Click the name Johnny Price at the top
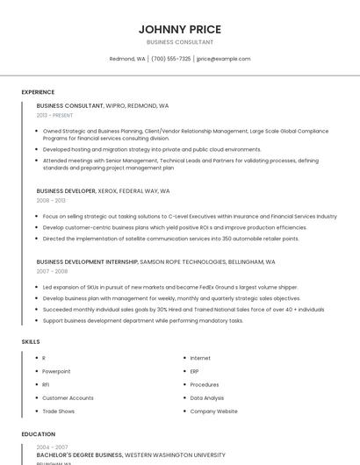tap(179, 29)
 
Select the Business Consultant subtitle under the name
tap(179, 42)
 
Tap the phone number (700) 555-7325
tap(170, 59)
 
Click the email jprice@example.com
tap(224, 59)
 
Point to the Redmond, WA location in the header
tap(127, 59)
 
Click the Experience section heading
tap(38, 92)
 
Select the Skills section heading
tap(30, 341)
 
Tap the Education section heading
tap(38, 434)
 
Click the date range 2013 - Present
tap(55, 115)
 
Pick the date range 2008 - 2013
tap(51, 200)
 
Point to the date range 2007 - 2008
tap(51, 271)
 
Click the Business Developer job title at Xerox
tap(67, 190)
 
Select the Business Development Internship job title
tap(87, 261)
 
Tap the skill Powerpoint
tap(56, 371)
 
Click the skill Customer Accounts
tap(68, 397)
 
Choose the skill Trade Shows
tap(58, 411)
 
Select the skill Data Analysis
tap(207, 397)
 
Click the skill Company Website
tap(213, 411)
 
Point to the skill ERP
tap(195, 371)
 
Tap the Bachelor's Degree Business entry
tap(79, 455)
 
